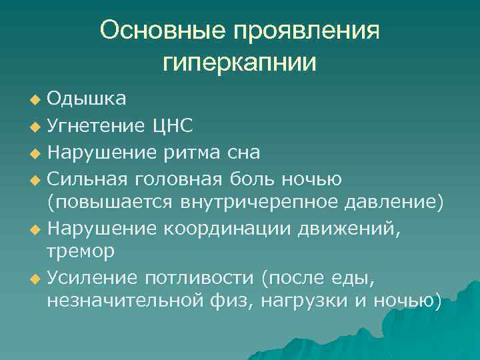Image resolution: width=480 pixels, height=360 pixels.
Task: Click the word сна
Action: pyautogui.click(x=242, y=152)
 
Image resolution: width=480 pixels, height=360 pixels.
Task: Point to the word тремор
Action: pyautogui.click(x=81, y=251)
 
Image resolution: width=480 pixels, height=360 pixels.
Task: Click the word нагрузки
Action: pyautogui.click(x=304, y=301)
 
